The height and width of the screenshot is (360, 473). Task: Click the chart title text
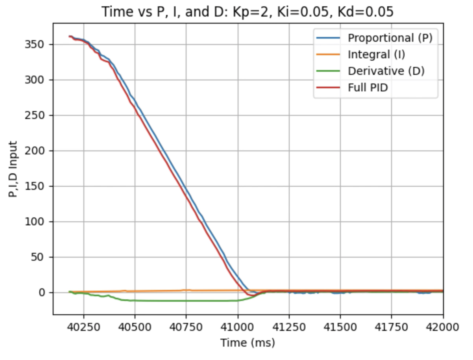248,12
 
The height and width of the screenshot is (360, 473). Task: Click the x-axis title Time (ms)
248,343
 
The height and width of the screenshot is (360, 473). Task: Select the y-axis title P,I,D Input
13,169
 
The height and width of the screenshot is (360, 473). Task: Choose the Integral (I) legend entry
376,54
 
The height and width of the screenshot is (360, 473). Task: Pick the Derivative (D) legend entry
386,71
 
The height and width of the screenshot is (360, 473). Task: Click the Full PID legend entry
368,87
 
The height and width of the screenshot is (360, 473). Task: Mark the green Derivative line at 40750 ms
186,301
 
